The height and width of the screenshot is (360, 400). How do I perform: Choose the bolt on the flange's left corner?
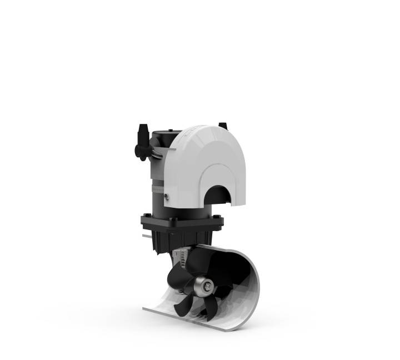146,216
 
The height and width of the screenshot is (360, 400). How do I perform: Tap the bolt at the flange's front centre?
173,222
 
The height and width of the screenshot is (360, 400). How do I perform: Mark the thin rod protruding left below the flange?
146,236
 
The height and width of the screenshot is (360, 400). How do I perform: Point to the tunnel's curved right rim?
256,289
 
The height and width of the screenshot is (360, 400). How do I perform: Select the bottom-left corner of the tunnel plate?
146,306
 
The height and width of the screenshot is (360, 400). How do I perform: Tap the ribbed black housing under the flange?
167,239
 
